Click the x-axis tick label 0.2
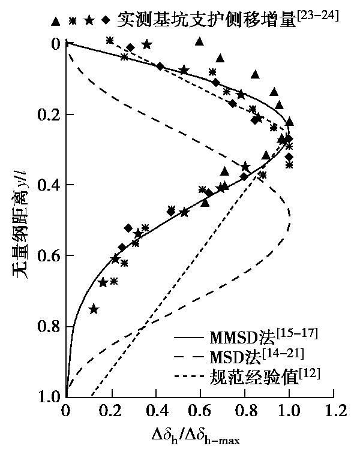click(x=110, y=411)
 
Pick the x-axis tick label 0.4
click(x=155, y=411)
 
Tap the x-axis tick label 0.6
click(x=200, y=411)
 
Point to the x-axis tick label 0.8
click(x=245, y=411)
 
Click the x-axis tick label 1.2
click(x=334, y=411)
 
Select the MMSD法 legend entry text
click(x=263, y=335)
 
